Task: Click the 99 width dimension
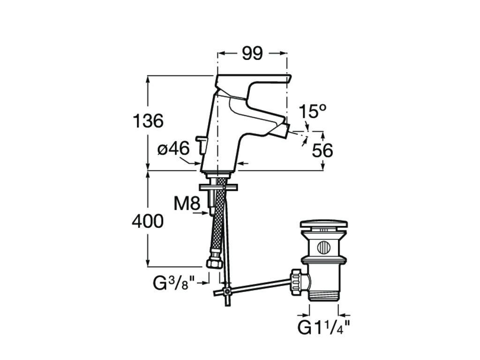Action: pyautogui.click(x=252, y=53)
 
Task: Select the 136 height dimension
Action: pyautogui.click(x=148, y=121)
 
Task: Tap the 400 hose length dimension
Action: pyautogui.click(x=148, y=221)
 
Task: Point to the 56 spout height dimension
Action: pyautogui.click(x=322, y=150)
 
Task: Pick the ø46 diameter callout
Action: pyautogui.click(x=173, y=149)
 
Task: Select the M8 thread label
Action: pyautogui.click(x=187, y=203)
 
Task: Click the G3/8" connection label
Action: pyautogui.click(x=174, y=283)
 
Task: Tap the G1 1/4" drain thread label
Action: pyautogui.click(x=323, y=328)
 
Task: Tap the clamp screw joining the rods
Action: pyautogui.click(x=227, y=291)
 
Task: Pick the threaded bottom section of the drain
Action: pyautogui.click(x=323, y=294)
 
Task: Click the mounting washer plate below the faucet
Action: pyautogui.click(x=218, y=187)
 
